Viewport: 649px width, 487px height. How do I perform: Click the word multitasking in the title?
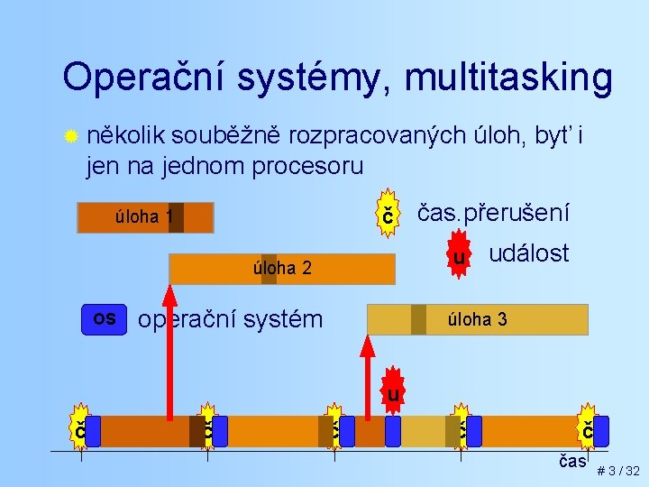pyautogui.click(x=508, y=78)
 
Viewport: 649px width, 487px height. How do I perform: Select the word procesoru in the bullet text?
pyautogui.click(x=305, y=166)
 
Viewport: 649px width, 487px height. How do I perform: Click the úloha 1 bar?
pyautogui.click(x=145, y=217)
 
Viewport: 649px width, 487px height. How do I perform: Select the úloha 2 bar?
pyautogui.click(x=282, y=269)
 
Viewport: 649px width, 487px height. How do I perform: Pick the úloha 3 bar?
pyautogui.click(x=477, y=319)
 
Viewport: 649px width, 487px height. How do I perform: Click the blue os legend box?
pyautogui.click(x=105, y=318)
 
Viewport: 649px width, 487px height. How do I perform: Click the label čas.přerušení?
pyautogui.click(x=491, y=213)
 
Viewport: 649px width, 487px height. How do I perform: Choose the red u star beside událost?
pyautogui.click(x=459, y=258)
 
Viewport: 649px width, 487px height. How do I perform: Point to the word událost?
pyautogui.click(x=528, y=253)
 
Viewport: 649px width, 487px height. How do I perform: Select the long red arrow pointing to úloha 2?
pyautogui.click(x=169, y=352)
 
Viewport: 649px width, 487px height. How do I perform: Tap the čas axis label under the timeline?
pyautogui.click(x=572, y=461)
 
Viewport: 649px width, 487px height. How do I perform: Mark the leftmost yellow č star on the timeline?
pyautogui.click(x=79, y=431)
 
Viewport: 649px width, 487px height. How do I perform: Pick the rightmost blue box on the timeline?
pyautogui.click(x=601, y=431)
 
